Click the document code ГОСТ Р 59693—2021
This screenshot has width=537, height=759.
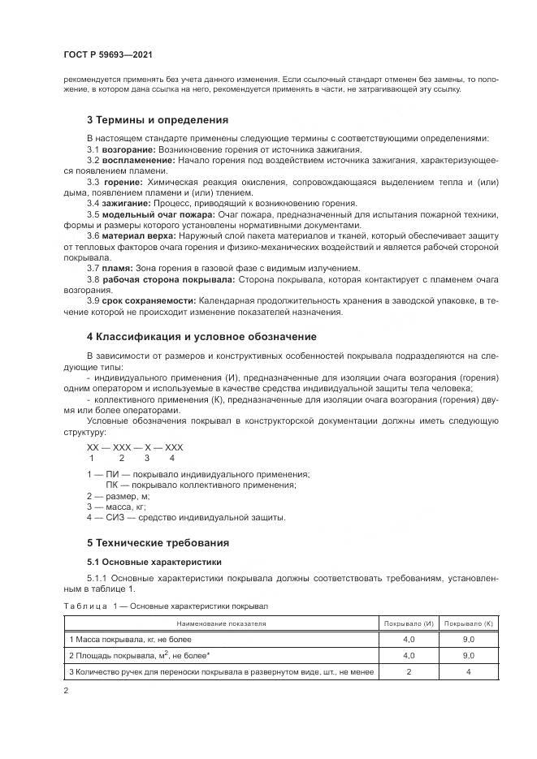107,55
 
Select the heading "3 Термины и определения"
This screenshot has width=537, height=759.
152,120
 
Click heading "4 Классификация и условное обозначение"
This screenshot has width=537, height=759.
201,336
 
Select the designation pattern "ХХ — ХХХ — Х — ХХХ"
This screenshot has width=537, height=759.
135,447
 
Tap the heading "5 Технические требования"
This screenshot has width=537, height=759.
158,542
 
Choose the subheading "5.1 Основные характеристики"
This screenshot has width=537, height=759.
154,562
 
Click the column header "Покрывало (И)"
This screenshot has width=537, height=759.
409,623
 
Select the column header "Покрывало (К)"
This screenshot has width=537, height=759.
469,623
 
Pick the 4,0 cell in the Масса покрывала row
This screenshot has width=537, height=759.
409,639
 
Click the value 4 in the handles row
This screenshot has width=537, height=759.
469,671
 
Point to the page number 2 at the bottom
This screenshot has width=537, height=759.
67,691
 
